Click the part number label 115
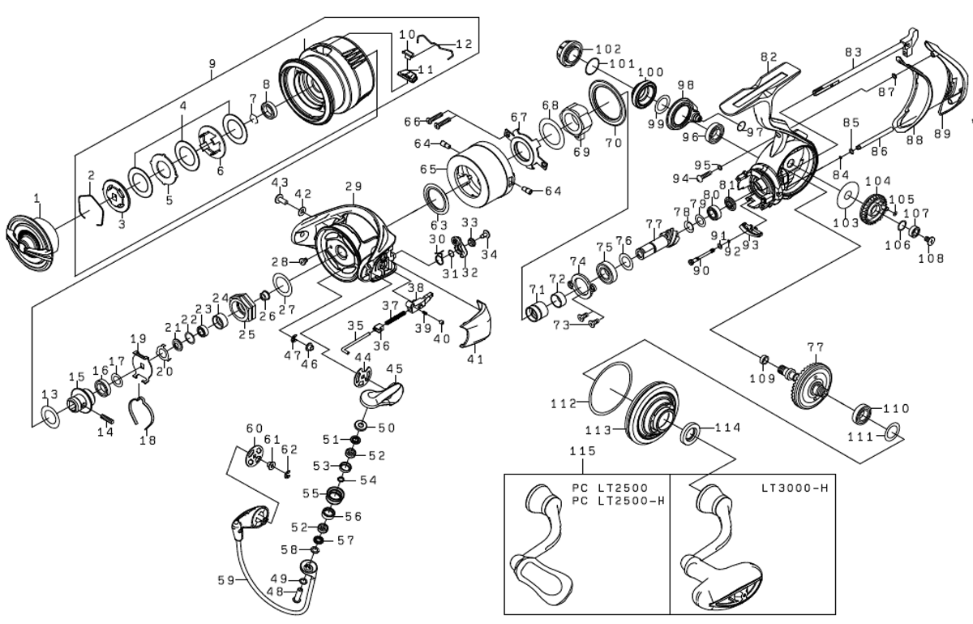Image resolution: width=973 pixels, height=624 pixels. (582, 450)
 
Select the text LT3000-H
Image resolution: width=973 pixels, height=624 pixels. (795, 488)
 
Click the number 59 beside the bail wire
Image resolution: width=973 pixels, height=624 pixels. (226, 580)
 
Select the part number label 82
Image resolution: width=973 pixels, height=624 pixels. (769, 57)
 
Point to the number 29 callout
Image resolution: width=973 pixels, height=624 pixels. (353, 187)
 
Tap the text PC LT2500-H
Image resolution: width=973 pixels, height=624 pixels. (619, 500)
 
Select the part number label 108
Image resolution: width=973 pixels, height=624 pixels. (931, 259)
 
